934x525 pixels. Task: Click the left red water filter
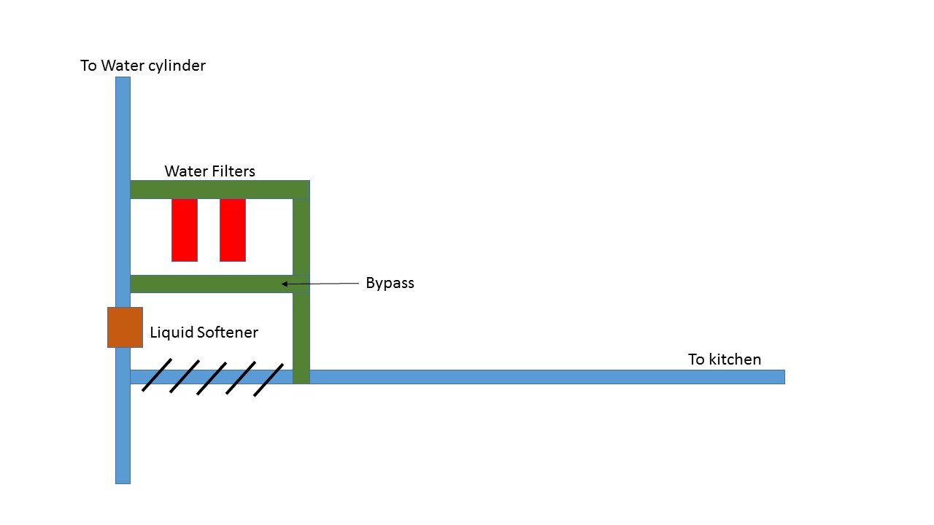185,230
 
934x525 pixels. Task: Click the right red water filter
233,230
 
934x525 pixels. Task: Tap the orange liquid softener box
125,327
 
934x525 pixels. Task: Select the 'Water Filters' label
209,171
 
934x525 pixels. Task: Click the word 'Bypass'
390,284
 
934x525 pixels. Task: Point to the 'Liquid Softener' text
204,332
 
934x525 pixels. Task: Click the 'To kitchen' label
725,359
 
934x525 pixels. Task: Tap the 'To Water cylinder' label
143,66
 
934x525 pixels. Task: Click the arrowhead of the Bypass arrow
284,284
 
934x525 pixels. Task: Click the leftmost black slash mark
157,375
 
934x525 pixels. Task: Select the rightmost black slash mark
269,380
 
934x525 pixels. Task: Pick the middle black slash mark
212,378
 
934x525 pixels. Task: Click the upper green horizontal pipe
220,190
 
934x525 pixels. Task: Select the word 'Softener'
228,332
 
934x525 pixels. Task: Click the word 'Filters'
233,171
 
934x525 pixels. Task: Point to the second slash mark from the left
185,376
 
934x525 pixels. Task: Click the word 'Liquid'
171,332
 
